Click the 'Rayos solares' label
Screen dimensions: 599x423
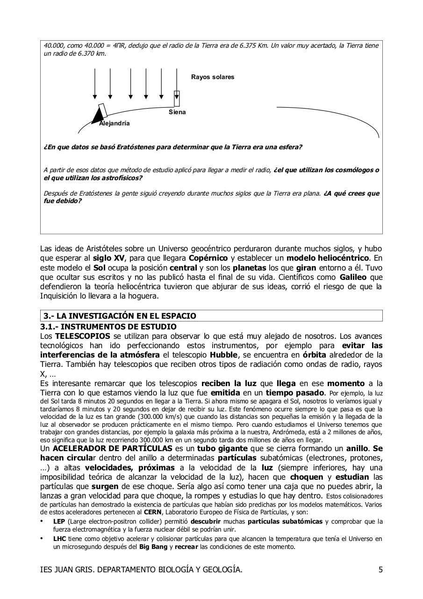pos(212,77)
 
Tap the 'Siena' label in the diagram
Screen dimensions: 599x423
pos(177,112)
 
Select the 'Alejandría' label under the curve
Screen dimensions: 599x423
pos(114,124)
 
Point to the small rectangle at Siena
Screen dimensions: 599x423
pos(177,98)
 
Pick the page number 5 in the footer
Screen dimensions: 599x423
pos(380,570)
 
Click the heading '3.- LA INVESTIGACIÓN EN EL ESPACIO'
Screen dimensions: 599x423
pos(120,316)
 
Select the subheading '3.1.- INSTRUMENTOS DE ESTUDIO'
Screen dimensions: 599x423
pos(108,326)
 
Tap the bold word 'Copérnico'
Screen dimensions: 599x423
pos(208,258)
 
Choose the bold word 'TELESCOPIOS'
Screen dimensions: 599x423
pos(83,336)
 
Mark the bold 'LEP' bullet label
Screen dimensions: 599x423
pos(58,521)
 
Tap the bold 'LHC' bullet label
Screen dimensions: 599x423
pos(59,539)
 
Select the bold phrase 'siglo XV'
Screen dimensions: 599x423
pos(109,258)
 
